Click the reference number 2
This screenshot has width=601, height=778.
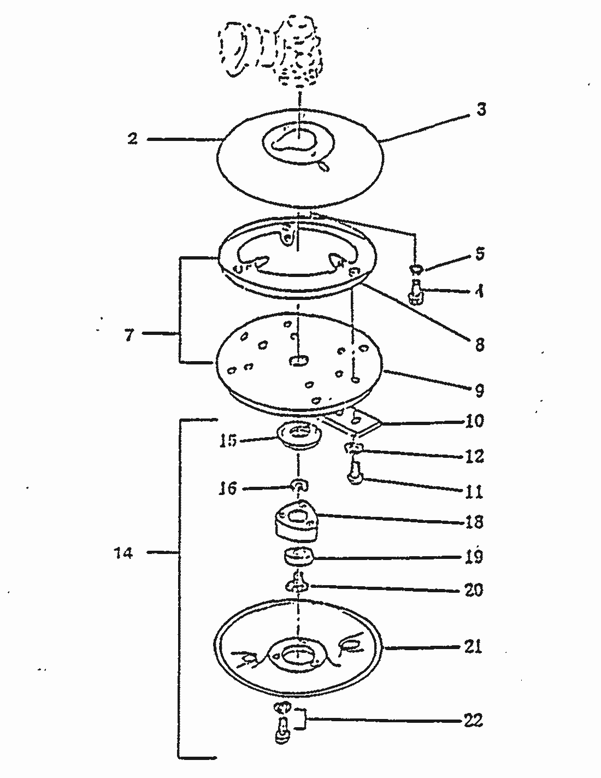(x=132, y=138)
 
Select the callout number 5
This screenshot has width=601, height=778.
(x=480, y=254)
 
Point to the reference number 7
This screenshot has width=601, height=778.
(x=128, y=334)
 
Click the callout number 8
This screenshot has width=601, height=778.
(x=479, y=345)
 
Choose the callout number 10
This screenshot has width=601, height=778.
(x=474, y=421)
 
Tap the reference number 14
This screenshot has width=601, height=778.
(x=123, y=553)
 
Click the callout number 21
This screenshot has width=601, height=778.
(x=473, y=647)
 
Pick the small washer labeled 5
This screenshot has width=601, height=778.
(x=416, y=268)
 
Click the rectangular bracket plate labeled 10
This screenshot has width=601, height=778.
(x=352, y=422)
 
